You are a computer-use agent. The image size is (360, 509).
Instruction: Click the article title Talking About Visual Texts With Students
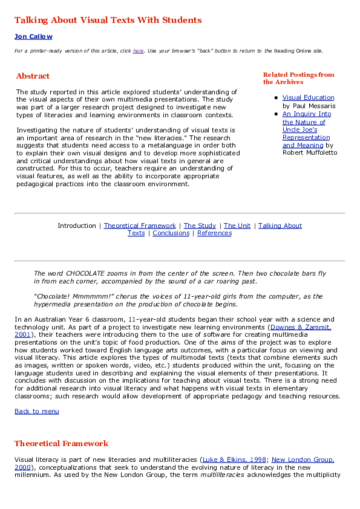click(x=108, y=20)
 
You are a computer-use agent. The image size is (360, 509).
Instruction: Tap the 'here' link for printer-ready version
click(x=138, y=51)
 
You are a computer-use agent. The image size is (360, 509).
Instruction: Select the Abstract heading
click(x=33, y=76)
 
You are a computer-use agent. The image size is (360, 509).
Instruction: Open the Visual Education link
click(x=308, y=97)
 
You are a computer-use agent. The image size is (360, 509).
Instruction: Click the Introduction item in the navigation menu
click(x=77, y=225)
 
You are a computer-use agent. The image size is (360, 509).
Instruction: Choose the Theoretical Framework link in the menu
click(x=140, y=225)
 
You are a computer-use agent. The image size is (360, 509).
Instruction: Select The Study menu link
click(x=200, y=225)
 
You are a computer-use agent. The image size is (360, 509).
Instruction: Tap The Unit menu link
click(x=237, y=225)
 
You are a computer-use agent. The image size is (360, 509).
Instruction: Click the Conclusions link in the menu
click(x=171, y=233)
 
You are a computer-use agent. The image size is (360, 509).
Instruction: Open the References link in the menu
click(x=214, y=233)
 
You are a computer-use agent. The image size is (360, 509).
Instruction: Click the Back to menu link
click(x=37, y=411)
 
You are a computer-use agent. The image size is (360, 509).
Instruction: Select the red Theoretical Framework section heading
click(x=61, y=444)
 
